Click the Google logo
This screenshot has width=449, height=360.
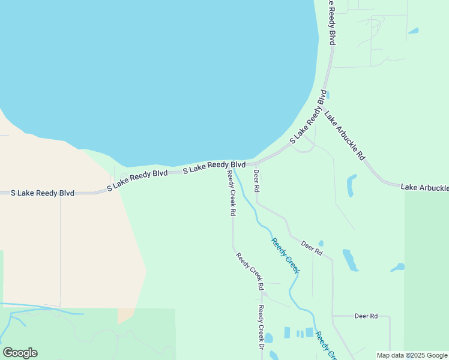coord(20,353)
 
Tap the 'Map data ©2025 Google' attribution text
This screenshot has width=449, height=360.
coord(412,355)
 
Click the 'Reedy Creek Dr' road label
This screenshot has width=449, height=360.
coord(261,328)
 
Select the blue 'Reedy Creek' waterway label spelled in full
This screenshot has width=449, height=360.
coord(285,255)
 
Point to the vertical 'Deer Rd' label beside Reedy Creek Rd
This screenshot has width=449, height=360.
coord(256,181)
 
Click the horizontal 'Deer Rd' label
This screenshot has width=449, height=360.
coord(366,316)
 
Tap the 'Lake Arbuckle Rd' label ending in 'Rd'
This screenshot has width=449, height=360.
coord(345,135)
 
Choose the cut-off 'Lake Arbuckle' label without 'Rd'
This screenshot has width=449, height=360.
coord(424,188)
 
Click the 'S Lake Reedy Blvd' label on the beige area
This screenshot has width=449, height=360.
coord(43,193)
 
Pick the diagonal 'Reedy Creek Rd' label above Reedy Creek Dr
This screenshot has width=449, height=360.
coord(250,271)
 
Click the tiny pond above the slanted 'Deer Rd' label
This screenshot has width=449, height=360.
coord(321,243)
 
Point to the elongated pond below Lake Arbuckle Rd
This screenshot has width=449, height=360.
coord(351,185)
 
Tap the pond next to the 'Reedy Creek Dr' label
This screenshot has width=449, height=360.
coord(268,338)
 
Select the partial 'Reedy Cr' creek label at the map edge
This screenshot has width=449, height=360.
coord(324,345)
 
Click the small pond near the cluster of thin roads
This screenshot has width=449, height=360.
coord(413,31)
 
